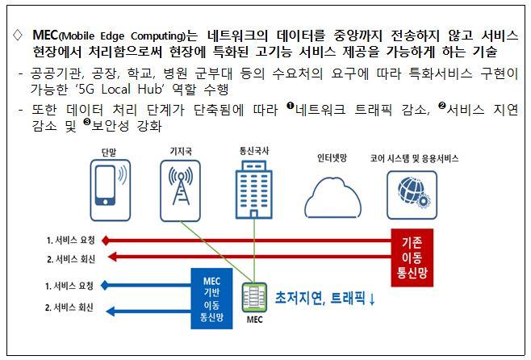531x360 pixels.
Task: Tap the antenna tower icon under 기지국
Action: coord(179,190)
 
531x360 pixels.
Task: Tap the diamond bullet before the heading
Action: coord(18,36)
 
